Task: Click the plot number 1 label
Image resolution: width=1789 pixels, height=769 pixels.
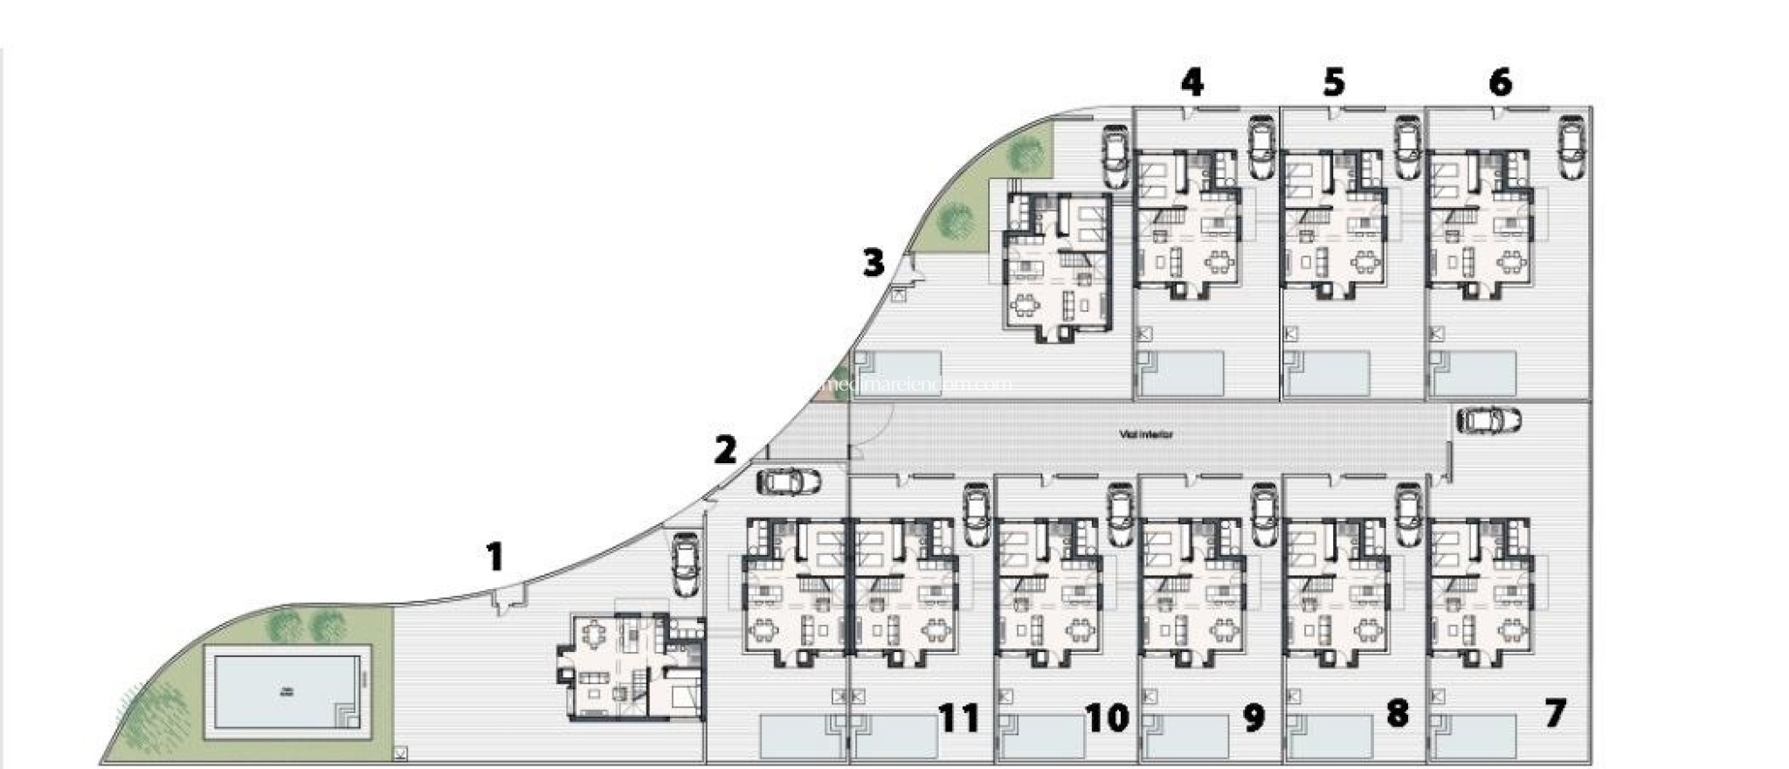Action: tap(494, 557)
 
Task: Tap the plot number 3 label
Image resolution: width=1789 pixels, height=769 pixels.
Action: tap(873, 262)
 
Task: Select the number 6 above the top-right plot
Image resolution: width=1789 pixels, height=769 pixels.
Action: tap(1499, 82)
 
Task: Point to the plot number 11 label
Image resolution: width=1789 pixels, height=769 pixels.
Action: tap(958, 718)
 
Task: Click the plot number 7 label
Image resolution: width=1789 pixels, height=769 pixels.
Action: tap(1555, 713)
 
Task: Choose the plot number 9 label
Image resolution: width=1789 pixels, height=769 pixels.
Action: tap(1253, 718)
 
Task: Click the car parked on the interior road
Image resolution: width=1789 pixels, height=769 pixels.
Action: tap(1489, 420)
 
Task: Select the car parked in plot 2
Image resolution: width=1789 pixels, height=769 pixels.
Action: tap(789, 481)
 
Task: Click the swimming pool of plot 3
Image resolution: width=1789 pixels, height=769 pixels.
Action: tap(900, 373)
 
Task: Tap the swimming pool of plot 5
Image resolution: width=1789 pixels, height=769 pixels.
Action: tap(1328, 372)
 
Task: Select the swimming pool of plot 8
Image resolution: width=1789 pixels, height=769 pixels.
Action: tap(1330, 737)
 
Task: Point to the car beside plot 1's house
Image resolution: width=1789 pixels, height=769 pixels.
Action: tap(684, 565)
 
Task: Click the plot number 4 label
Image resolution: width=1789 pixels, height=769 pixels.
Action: tap(1192, 82)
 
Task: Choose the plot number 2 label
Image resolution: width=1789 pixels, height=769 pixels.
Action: tap(724, 451)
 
